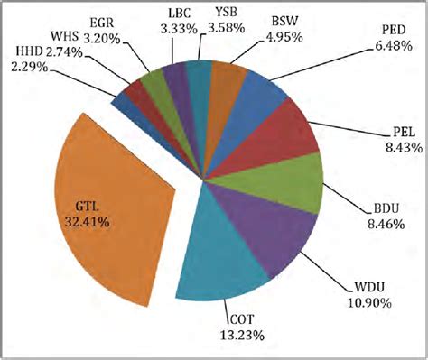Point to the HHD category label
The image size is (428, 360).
point(33,51)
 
